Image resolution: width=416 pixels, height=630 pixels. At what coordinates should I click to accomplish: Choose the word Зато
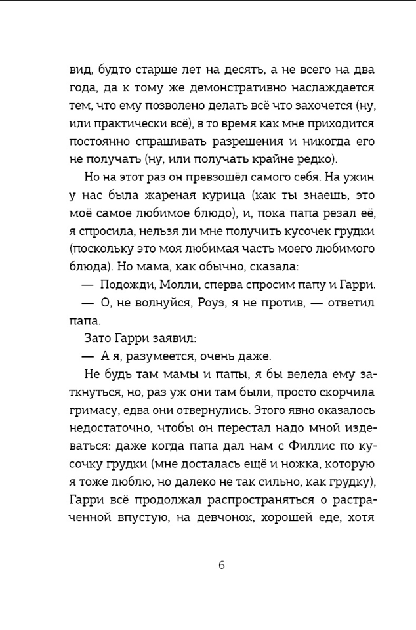[98, 339]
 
